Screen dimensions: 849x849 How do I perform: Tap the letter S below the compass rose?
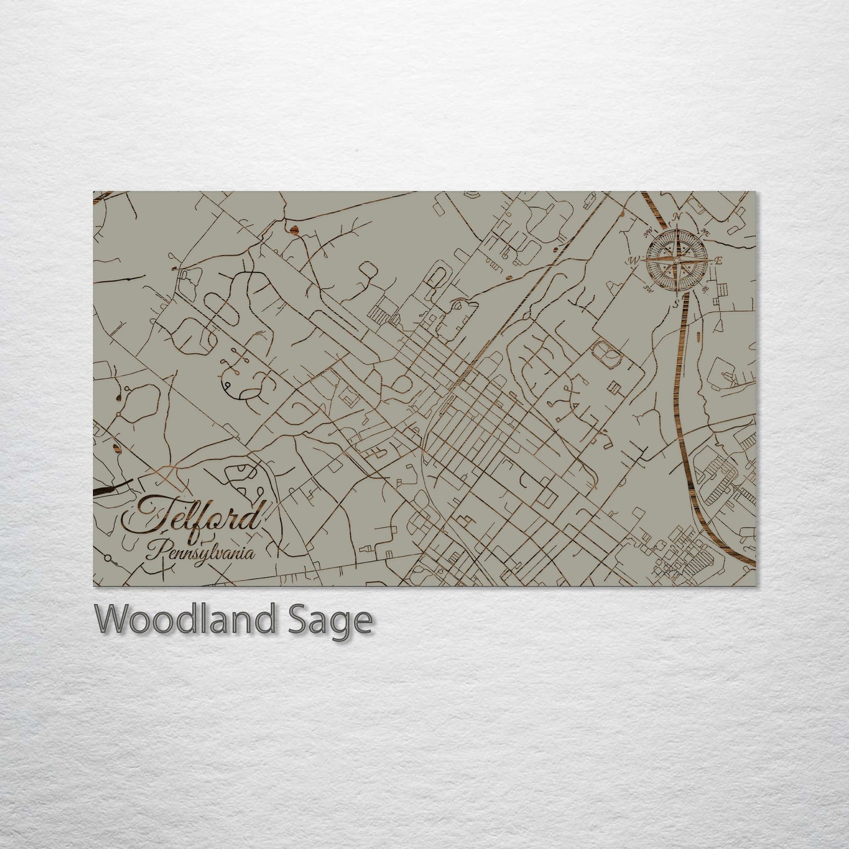coord(676,303)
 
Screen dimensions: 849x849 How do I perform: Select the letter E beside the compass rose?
coord(718,261)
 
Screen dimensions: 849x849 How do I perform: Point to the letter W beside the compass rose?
coord(635,260)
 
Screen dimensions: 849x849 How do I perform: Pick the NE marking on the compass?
coord(705,233)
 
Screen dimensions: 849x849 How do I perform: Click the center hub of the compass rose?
coord(676,260)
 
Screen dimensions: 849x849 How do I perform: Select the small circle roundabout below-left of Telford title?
coord(107,557)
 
